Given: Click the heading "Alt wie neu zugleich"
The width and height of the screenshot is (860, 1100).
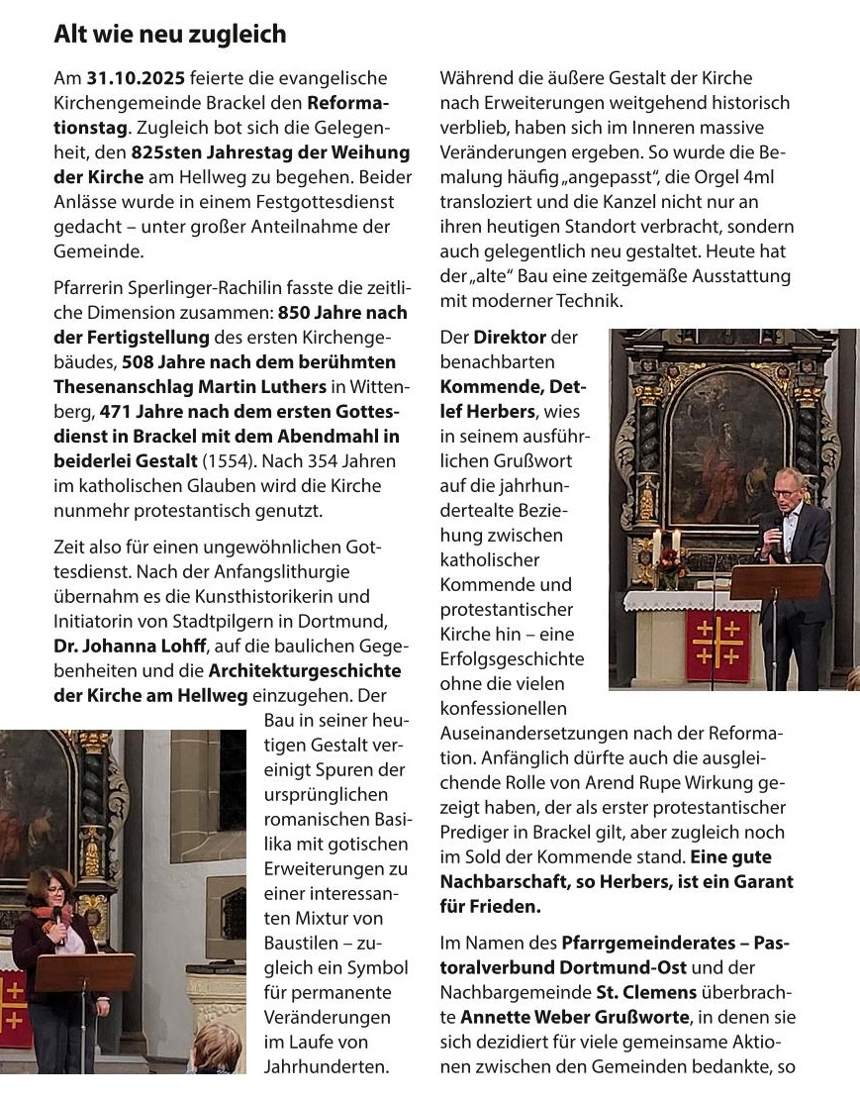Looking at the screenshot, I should (169, 35).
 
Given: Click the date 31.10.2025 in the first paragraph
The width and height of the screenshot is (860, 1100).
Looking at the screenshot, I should (127, 78).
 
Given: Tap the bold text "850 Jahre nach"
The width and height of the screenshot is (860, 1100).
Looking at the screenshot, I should (342, 313).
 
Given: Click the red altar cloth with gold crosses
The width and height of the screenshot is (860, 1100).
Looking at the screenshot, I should (717, 647).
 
